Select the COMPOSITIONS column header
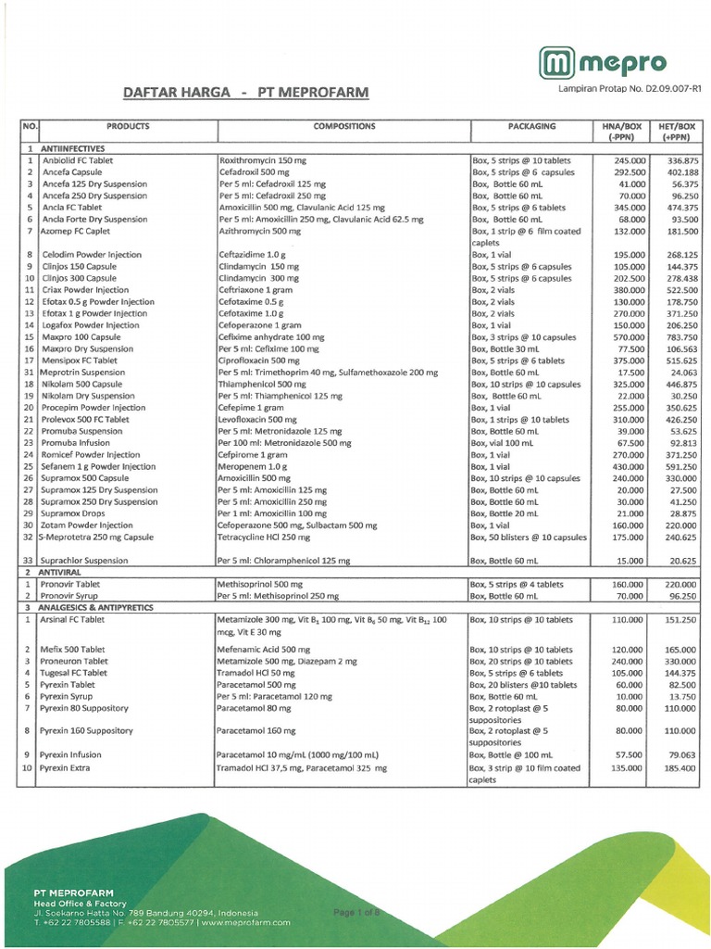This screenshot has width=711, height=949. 343,125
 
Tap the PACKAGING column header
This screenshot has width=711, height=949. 531,125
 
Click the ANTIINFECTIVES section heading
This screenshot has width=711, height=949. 74,148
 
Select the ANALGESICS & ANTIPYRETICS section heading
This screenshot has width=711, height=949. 100,606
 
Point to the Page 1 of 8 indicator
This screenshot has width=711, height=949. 355,912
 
